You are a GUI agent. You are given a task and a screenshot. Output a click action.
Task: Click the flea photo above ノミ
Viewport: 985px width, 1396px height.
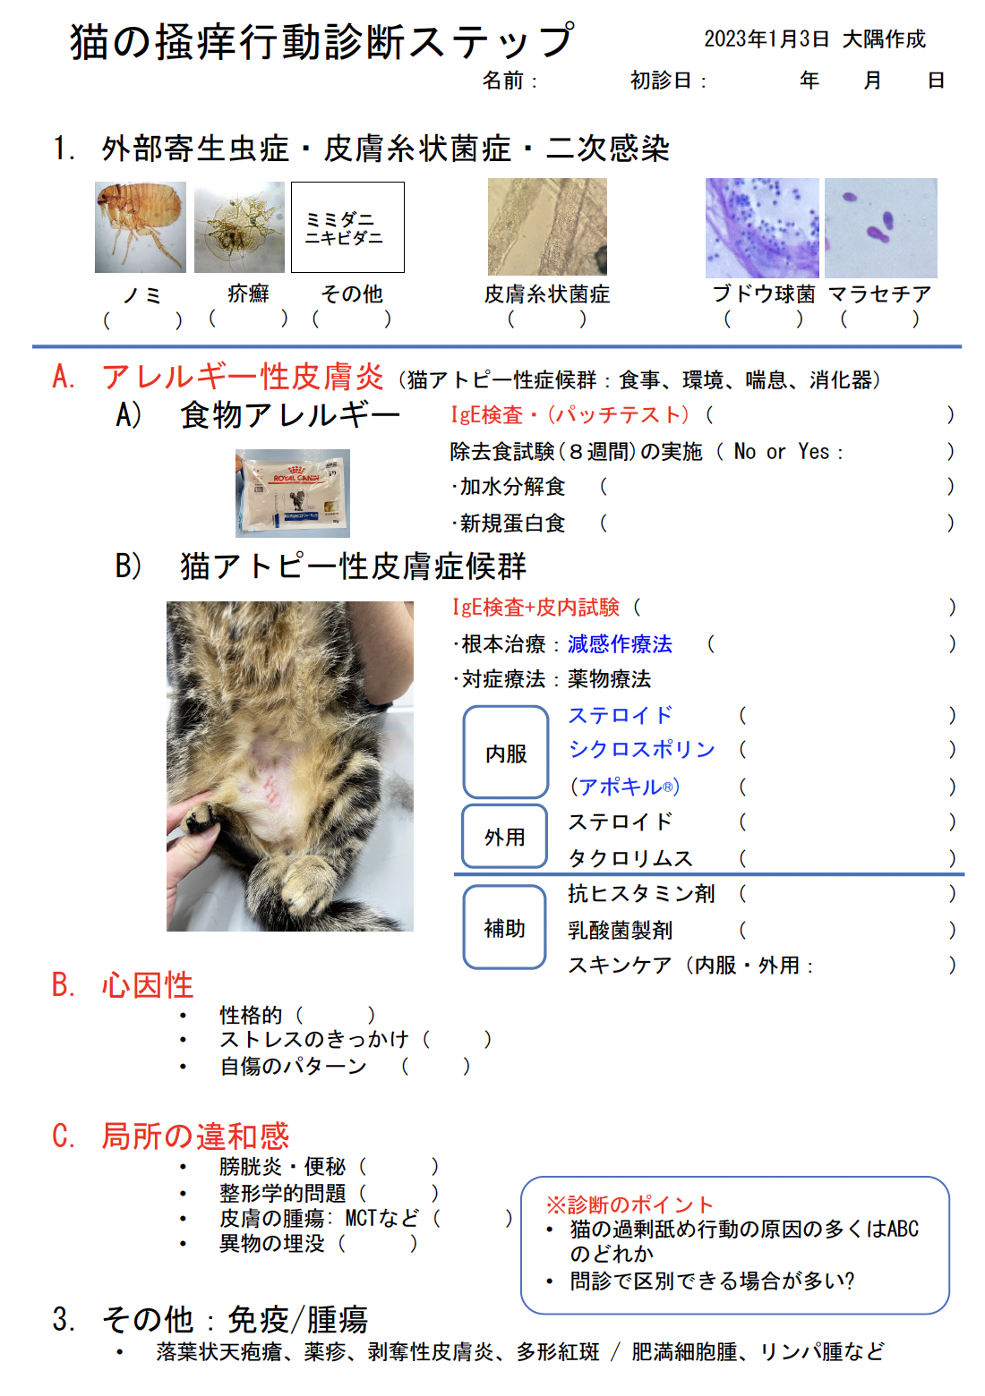point(141,227)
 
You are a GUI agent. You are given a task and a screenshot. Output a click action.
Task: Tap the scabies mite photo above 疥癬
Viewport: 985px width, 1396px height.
point(239,227)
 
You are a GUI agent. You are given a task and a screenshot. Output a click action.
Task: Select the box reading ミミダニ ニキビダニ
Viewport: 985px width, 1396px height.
point(347,227)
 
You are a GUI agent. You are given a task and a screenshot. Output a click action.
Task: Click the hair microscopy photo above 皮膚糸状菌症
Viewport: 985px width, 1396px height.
point(547,227)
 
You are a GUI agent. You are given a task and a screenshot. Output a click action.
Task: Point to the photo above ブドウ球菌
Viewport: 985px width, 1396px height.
point(762,227)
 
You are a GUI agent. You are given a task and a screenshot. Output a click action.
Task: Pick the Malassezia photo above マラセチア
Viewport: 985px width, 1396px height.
point(880,227)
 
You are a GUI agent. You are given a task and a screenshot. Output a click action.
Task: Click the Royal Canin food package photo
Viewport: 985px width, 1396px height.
point(293,493)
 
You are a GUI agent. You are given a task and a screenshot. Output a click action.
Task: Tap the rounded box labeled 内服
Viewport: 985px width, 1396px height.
point(506,753)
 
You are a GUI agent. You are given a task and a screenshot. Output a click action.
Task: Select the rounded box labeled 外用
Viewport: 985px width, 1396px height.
point(505,837)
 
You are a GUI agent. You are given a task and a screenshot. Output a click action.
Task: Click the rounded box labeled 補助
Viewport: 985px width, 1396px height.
point(505,928)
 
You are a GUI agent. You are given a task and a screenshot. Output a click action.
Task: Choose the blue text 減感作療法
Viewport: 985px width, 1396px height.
point(620,644)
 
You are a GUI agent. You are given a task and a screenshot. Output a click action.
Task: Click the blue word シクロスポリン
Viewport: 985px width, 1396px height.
point(642,750)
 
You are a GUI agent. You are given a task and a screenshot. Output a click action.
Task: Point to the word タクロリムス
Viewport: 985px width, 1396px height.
point(630,858)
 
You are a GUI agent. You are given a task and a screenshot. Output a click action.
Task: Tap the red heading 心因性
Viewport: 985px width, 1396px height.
point(148,985)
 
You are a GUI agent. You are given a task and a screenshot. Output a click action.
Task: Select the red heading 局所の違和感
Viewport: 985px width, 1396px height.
point(195,1136)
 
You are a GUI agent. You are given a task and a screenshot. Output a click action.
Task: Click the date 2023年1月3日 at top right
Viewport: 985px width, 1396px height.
point(767,39)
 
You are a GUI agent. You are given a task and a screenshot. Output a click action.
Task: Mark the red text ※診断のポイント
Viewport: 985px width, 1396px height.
point(630,1204)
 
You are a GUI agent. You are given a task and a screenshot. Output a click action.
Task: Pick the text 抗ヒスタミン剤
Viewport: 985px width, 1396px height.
point(641,894)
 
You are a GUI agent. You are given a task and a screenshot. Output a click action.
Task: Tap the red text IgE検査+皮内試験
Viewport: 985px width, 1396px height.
point(535,608)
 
